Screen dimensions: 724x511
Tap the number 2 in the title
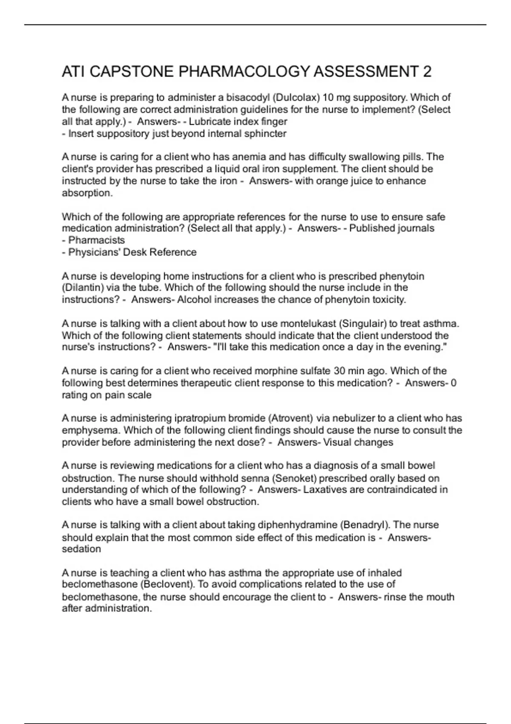pyautogui.click(x=427, y=72)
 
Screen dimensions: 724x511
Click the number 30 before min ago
pyautogui.click(x=339, y=371)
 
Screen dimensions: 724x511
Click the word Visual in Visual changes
pyautogui.click(x=336, y=442)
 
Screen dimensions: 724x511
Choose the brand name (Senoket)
pyautogui.click(x=294, y=478)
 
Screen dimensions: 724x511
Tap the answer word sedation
pyautogui.click(x=81, y=549)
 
